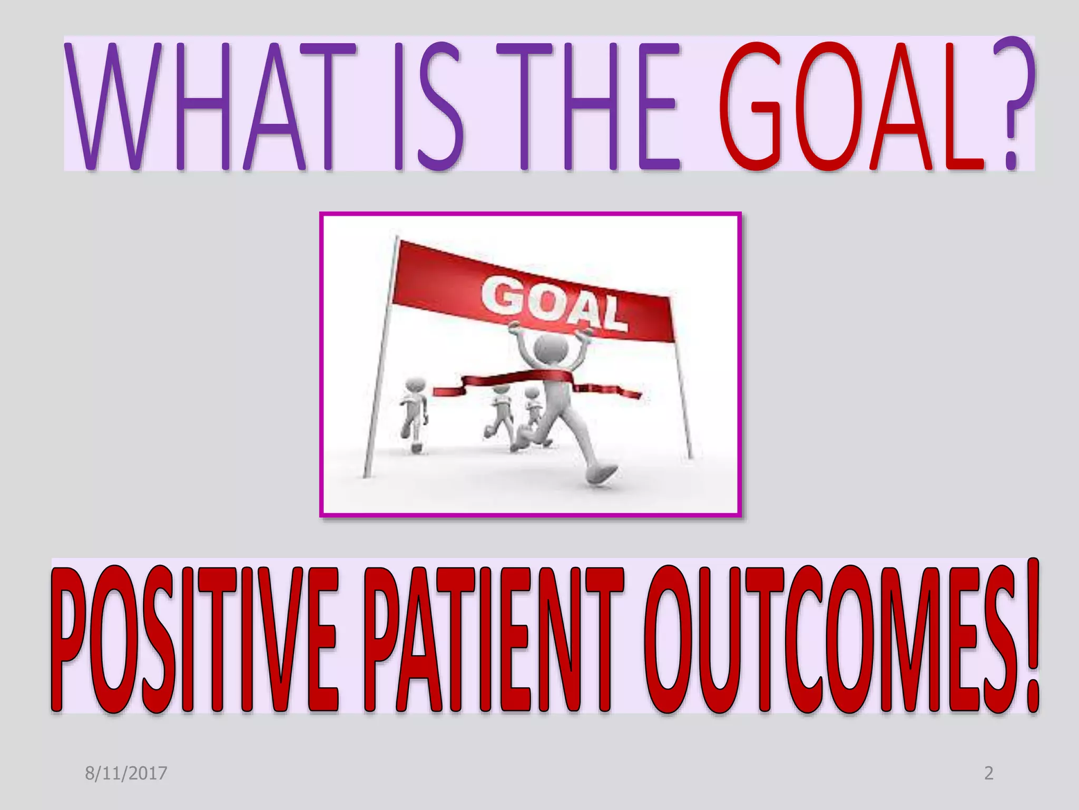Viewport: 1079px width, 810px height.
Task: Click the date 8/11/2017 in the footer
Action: point(126,774)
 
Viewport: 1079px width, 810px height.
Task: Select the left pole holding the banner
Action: point(380,359)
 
